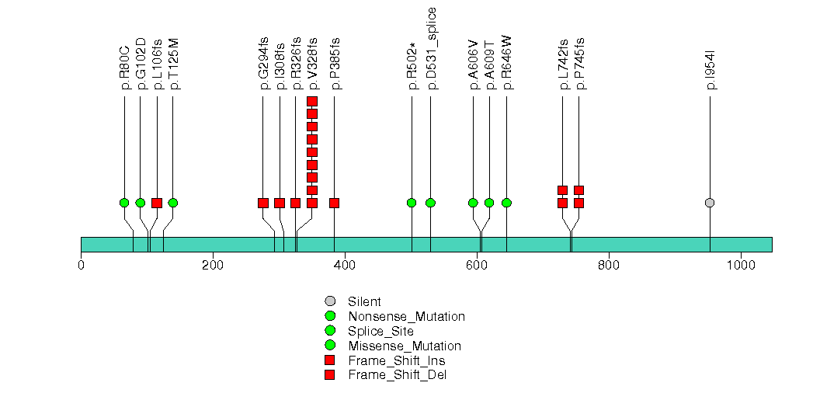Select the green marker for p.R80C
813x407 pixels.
coord(124,203)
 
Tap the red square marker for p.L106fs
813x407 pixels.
coord(157,203)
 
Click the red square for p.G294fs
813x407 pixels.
coord(263,203)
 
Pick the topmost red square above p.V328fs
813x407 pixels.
coord(312,102)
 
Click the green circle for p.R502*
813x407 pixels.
coord(412,203)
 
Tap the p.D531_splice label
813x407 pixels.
coord(432,48)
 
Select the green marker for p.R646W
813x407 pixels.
coord(506,203)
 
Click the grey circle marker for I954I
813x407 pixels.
coord(709,203)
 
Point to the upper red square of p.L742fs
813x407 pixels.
coord(562,190)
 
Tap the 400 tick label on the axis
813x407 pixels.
coord(345,264)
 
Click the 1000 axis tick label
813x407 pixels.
coord(740,264)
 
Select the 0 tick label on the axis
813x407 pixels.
coord(81,264)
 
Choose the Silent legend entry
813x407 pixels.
coord(363,301)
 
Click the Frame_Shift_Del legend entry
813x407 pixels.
coord(398,375)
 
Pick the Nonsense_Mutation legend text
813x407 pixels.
coord(407,316)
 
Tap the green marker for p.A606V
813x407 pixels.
coord(473,203)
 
